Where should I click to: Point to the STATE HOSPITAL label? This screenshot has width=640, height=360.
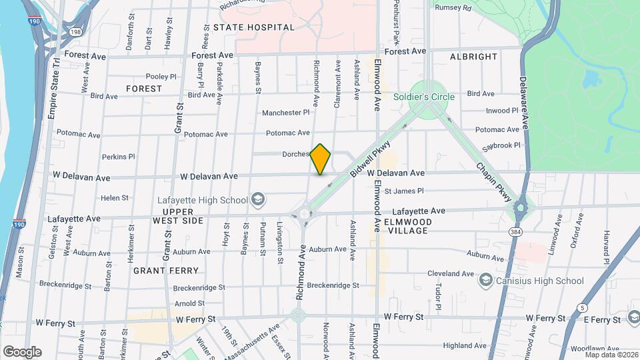coord(254,27)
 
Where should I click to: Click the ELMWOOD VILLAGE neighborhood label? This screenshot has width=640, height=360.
coord(408,226)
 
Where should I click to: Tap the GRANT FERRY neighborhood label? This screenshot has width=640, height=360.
coord(166,271)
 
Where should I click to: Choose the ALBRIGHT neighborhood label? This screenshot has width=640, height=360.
coord(474,57)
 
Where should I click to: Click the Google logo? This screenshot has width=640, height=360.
coord(22,351)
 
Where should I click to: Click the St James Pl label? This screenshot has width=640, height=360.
coord(405,191)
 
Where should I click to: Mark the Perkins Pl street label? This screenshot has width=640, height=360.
coord(119,157)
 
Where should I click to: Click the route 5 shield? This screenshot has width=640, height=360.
coord(584,307)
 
